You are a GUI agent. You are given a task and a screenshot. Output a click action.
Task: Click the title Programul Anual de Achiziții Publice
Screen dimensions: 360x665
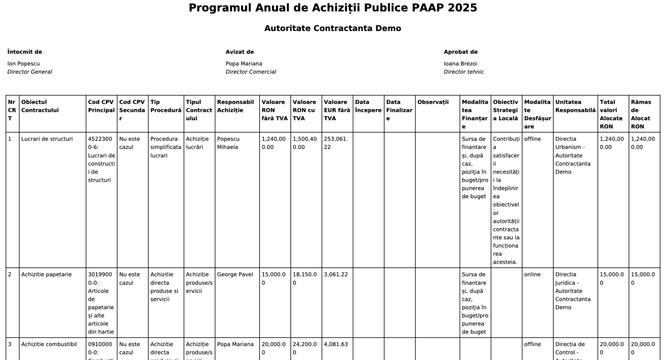click(x=332, y=8)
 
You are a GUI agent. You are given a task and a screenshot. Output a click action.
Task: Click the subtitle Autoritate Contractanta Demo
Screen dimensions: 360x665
click(x=332, y=28)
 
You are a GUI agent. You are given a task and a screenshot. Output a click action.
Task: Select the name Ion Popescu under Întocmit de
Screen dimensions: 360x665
click(x=23, y=64)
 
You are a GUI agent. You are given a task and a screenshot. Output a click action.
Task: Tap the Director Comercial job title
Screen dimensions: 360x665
click(x=250, y=72)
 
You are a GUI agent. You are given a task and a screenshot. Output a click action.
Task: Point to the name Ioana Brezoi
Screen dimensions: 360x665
click(x=460, y=64)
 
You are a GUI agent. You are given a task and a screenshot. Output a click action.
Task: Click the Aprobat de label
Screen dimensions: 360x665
click(x=461, y=52)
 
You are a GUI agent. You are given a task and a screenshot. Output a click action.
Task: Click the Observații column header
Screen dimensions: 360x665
click(x=433, y=102)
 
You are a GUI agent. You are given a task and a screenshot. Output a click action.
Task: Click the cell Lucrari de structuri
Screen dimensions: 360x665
click(x=47, y=139)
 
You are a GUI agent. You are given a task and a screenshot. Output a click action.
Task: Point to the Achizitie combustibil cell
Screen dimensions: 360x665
click(x=49, y=344)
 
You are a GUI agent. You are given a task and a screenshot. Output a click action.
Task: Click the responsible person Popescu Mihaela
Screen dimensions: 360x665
click(x=229, y=143)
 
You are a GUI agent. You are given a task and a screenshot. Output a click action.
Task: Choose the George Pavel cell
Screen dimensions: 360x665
click(x=235, y=274)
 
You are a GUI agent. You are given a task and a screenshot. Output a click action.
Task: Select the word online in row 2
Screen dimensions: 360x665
click(x=533, y=274)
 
